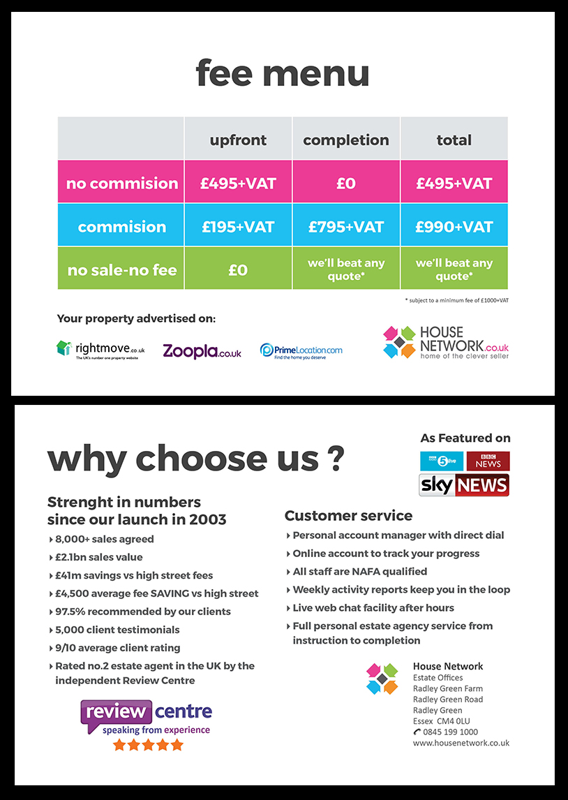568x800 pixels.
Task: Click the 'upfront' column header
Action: tap(238, 140)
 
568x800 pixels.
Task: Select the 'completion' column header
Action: tap(346, 140)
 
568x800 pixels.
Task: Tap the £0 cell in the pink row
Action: tap(346, 183)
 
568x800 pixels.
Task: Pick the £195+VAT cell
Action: tap(238, 226)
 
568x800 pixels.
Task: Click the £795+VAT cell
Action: tap(346, 226)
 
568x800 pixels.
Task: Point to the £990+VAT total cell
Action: tap(454, 226)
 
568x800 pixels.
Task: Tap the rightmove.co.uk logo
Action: tap(100, 349)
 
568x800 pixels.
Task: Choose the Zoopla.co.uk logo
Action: tap(202, 351)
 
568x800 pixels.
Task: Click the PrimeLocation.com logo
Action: tap(301, 350)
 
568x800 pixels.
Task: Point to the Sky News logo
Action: tap(464, 485)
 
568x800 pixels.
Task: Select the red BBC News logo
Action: tap(488, 461)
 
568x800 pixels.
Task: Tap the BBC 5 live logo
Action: tap(442, 461)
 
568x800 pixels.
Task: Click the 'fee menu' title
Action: tap(283, 73)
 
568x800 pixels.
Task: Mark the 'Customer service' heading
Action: tap(348, 516)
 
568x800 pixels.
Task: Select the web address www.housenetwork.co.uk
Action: tap(461, 743)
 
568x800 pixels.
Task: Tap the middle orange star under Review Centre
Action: tap(148, 745)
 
